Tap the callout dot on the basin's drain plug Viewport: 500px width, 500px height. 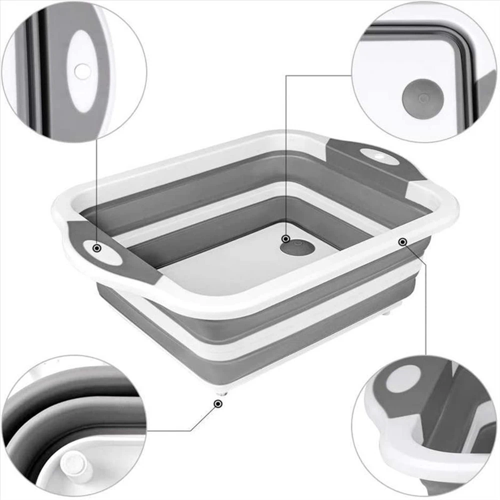click(x=285, y=238)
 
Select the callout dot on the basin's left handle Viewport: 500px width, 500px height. click(x=96, y=248)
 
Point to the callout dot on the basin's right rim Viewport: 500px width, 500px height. click(x=402, y=242)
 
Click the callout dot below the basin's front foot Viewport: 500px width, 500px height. click(x=217, y=403)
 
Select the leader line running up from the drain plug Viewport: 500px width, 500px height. click(x=285, y=150)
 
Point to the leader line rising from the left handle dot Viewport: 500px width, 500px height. click(x=96, y=190)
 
